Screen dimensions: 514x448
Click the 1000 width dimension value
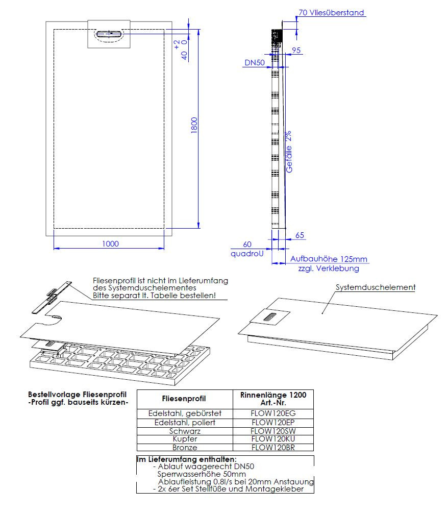[x=110, y=243]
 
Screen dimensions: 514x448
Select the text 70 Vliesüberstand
[x=332, y=13]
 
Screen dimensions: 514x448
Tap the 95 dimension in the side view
[x=296, y=50]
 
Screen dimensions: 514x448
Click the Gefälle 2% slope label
[x=289, y=153]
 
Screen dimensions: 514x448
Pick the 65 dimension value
[x=300, y=235]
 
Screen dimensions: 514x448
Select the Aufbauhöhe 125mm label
[x=329, y=259]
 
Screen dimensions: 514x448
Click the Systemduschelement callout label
[x=376, y=287]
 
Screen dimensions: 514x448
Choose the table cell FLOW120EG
[x=273, y=413]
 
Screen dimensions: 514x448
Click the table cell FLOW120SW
[x=273, y=431]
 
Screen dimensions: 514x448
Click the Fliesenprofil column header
[x=184, y=399]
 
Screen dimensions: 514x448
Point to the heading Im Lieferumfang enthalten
[x=186, y=459]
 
